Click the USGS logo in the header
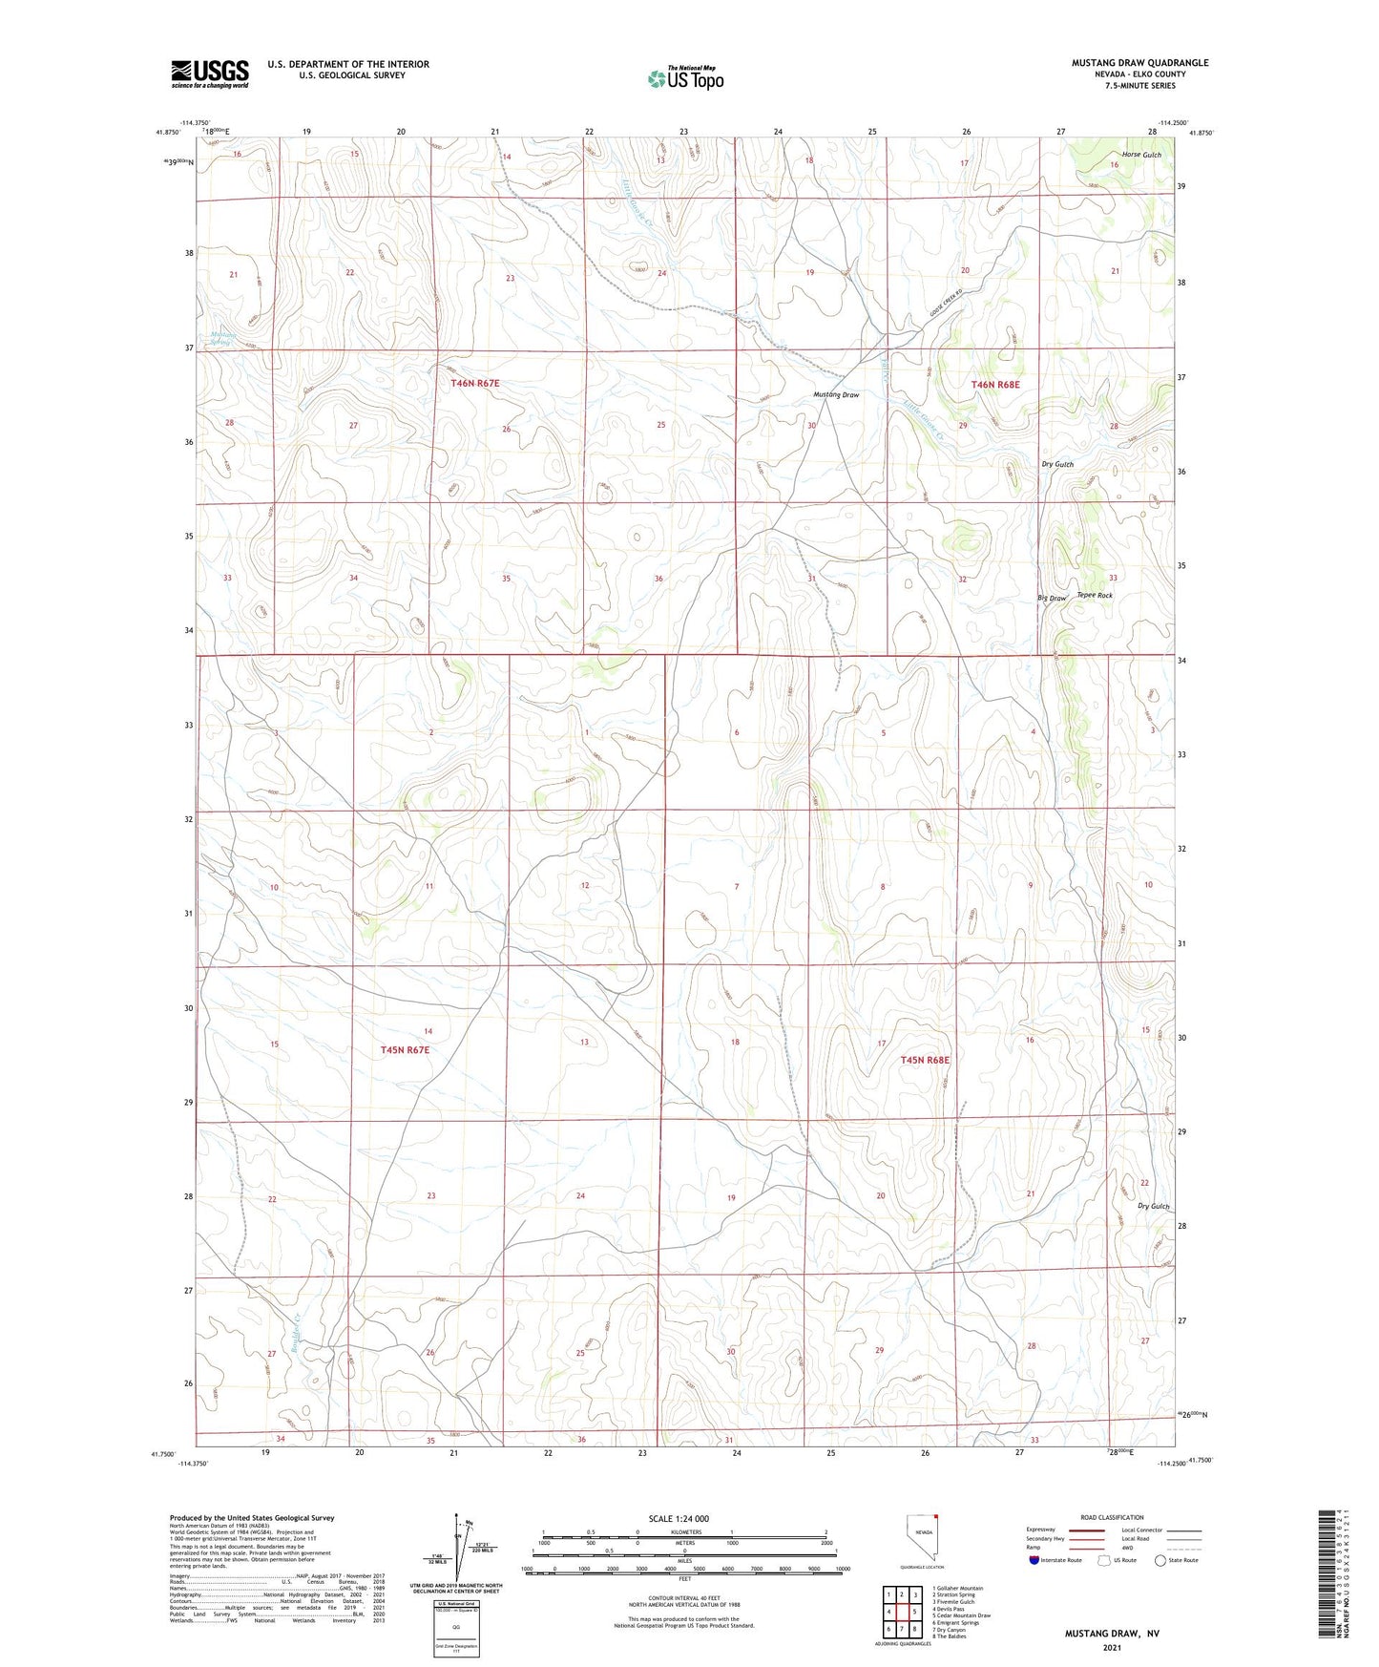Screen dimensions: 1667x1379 click(210, 73)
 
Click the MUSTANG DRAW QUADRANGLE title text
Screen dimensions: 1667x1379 click(1139, 63)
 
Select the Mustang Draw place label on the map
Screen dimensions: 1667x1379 click(836, 394)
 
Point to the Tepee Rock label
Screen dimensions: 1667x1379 click(1095, 595)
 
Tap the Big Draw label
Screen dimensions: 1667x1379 click(1052, 599)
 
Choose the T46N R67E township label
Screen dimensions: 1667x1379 click(475, 383)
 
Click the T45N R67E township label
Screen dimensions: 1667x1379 click(406, 1049)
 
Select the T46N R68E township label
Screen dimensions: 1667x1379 click(995, 385)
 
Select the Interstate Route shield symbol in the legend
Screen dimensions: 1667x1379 click(1034, 1560)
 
